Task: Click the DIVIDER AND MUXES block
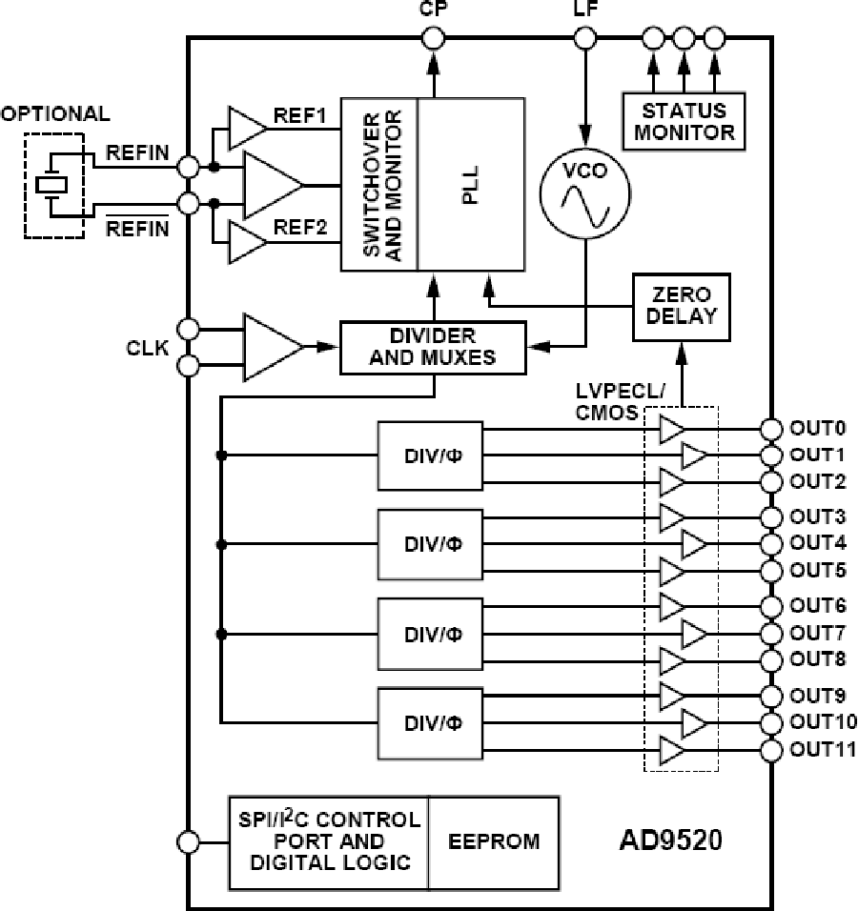click(433, 347)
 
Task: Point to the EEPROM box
click(494, 840)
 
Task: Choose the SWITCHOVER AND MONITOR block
click(379, 183)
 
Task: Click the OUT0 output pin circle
click(772, 427)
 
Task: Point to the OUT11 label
click(818, 749)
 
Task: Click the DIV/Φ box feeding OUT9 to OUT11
click(430, 722)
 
